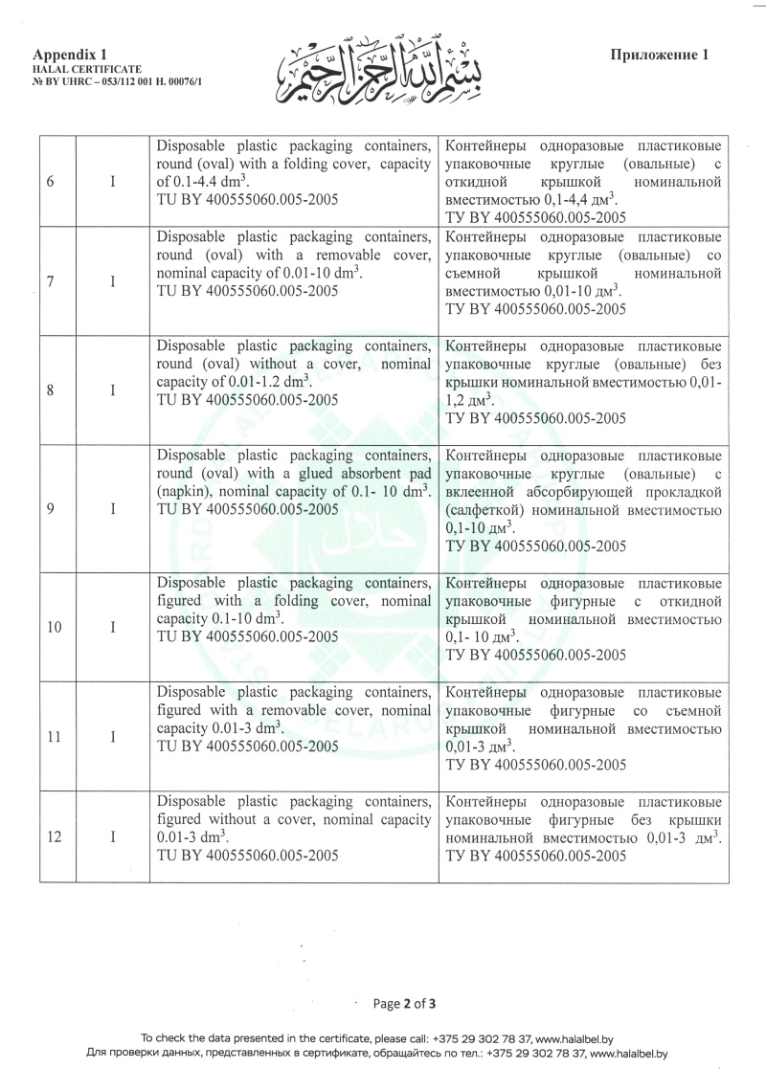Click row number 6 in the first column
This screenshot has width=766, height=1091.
[x=49, y=182]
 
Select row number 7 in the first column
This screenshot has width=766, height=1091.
[x=49, y=281]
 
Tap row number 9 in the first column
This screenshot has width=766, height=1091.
[x=49, y=509]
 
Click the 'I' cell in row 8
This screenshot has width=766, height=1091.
[x=113, y=390]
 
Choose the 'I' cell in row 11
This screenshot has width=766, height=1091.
[x=113, y=737]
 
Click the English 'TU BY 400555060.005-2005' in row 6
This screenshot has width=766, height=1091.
[x=247, y=200]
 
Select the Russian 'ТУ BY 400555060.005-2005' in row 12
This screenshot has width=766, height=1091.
[x=536, y=856]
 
